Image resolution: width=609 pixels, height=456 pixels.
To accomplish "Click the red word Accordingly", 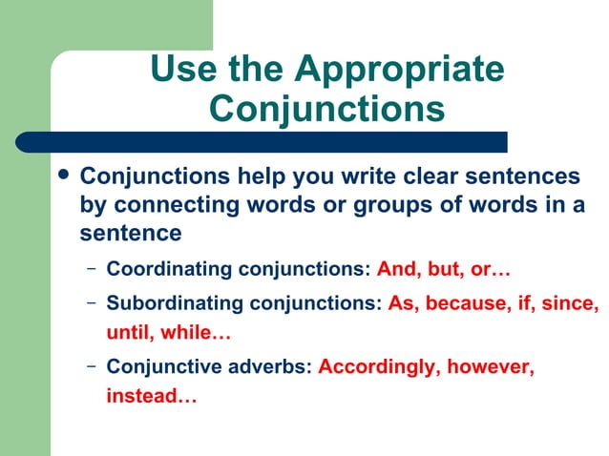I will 374,366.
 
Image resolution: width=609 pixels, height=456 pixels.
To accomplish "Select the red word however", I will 488,366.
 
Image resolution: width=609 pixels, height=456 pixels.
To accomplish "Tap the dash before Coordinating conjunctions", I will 92,270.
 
